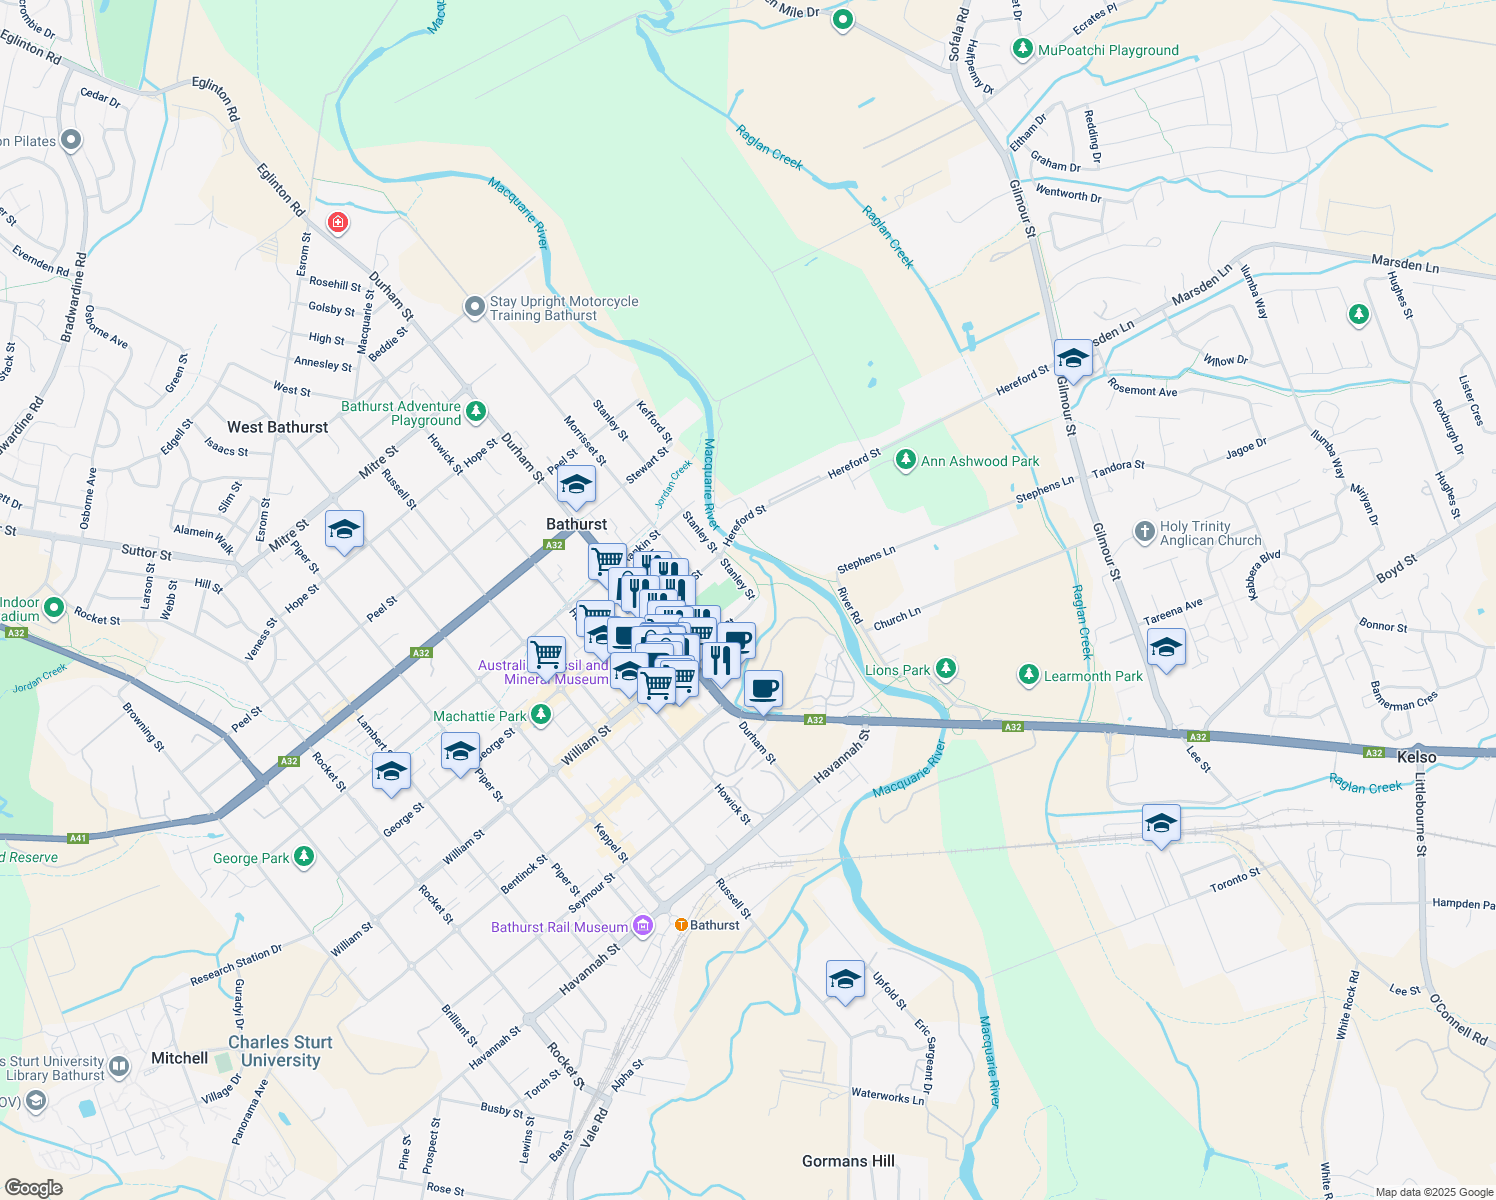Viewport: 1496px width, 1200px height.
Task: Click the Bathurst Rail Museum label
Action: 559,927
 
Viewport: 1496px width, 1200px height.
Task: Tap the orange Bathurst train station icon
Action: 681,925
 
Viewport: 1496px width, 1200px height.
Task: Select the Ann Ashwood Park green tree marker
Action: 905,460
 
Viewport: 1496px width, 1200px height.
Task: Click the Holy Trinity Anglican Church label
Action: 1210,533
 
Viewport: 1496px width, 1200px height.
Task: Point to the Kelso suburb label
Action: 1416,757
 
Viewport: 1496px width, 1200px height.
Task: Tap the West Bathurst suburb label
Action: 277,427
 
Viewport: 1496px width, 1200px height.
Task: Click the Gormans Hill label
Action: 848,1161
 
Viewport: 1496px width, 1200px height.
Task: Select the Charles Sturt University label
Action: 280,1051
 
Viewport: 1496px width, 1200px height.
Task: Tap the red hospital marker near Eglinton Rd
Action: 338,221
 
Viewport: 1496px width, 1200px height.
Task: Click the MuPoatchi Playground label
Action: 1108,50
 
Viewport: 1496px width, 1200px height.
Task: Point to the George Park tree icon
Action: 304,857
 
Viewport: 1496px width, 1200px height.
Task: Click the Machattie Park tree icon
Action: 541,714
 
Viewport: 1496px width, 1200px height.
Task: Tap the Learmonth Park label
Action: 1093,676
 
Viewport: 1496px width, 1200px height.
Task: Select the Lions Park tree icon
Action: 945,668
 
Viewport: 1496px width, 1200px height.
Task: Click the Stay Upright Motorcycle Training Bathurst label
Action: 563,308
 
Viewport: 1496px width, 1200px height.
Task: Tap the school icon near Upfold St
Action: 845,979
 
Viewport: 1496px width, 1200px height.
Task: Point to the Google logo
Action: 33,1188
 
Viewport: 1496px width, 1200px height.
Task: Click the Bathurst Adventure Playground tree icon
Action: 476,411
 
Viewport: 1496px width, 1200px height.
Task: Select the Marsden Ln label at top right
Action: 1404,264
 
